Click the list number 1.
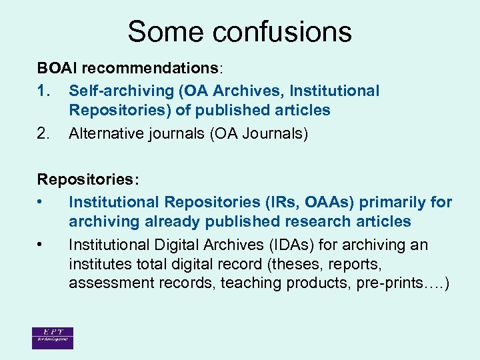44,91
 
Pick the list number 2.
44,133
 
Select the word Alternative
103,133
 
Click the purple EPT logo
52,338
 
